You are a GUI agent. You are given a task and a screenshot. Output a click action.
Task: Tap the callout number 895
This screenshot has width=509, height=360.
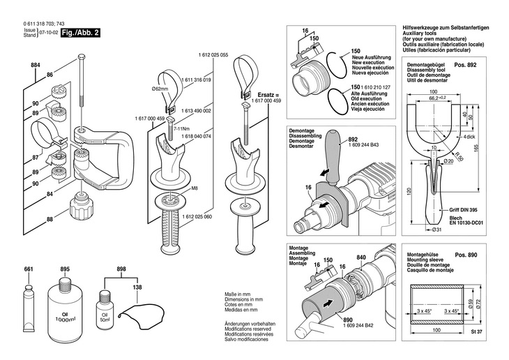(65, 269)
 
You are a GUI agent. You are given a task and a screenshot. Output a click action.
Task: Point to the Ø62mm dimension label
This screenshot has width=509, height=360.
(161, 89)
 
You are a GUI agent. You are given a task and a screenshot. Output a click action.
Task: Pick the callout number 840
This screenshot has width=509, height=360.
(360, 257)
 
